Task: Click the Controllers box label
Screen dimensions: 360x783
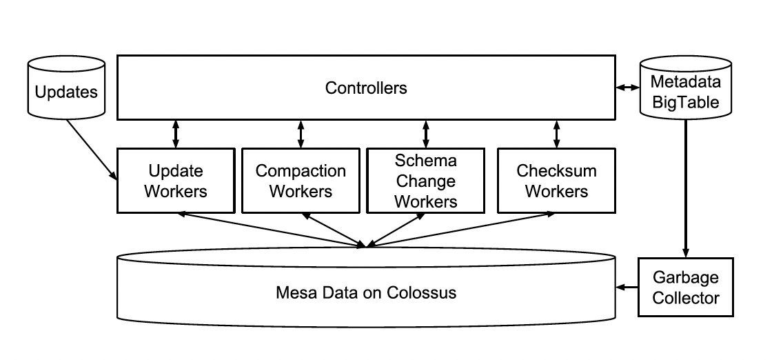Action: coord(366,88)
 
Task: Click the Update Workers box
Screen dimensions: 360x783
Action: coord(175,181)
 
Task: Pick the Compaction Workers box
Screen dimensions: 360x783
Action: coord(301,181)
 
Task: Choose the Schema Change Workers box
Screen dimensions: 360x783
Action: coord(425,181)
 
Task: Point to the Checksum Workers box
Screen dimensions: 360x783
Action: coord(556,181)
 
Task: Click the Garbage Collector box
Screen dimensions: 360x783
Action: coord(685,288)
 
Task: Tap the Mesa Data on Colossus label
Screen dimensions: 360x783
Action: coord(366,292)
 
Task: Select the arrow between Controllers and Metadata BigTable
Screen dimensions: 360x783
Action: coord(627,88)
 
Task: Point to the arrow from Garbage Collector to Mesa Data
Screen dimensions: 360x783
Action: coord(627,287)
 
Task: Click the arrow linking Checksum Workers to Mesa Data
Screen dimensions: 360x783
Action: coord(462,228)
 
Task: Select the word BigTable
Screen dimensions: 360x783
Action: coord(685,103)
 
